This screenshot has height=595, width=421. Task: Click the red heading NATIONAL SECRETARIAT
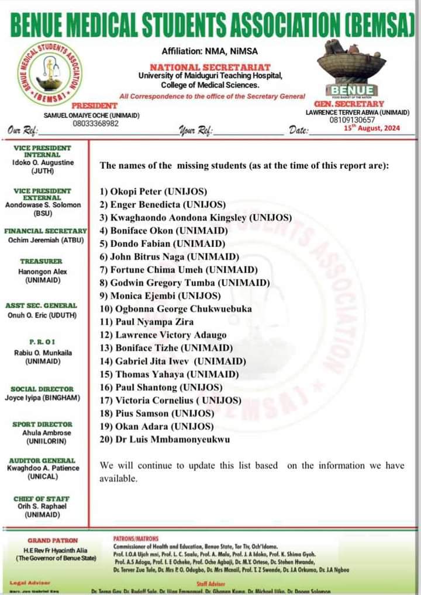210,68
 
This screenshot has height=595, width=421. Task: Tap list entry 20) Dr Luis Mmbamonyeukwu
165,439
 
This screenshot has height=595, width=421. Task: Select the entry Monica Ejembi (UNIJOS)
160,295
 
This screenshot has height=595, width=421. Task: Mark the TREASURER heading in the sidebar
41,262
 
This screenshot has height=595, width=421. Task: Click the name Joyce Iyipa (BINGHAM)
43,398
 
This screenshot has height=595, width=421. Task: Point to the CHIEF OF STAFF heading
42,499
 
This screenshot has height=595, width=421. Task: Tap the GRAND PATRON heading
53,541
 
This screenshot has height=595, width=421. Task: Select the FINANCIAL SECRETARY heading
46,231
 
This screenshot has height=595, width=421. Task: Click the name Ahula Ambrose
47,433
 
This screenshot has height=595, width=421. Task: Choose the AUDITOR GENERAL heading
42,460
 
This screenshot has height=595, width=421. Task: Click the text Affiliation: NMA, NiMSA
210,51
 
